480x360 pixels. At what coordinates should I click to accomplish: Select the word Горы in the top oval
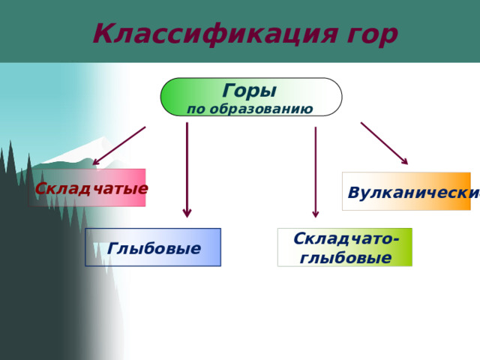click(x=249, y=91)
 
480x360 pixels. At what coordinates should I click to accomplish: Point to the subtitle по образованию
click(x=250, y=109)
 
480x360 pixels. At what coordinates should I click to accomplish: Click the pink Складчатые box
click(x=91, y=187)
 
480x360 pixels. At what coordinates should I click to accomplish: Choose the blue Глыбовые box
click(x=153, y=247)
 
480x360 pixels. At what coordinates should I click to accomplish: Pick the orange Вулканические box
click(x=406, y=192)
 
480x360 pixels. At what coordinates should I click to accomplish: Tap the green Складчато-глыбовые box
click(x=345, y=247)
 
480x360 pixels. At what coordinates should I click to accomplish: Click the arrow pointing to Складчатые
click(x=120, y=145)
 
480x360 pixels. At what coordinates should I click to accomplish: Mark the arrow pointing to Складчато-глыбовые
click(x=316, y=172)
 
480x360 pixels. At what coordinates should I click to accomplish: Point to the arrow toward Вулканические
click(x=383, y=142)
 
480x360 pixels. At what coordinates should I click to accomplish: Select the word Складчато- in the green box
click(x=345, y=239)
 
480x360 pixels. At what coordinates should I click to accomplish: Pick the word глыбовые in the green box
click(x=345, y=258)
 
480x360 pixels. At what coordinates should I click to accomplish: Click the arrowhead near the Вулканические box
click(x=403, y=160)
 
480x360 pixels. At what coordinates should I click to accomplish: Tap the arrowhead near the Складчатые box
click(x=97, y=161)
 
